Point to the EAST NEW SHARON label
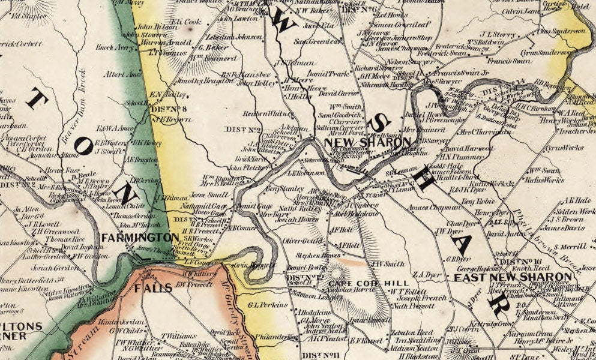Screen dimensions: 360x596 [512, 277]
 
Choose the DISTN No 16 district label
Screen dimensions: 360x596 [522, 262]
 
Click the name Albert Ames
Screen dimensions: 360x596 [122, 74]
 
